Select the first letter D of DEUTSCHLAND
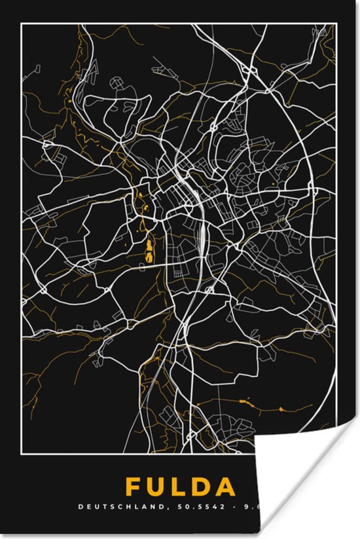click(x=81, y=507)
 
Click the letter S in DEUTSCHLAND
click(x=101, y=507)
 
